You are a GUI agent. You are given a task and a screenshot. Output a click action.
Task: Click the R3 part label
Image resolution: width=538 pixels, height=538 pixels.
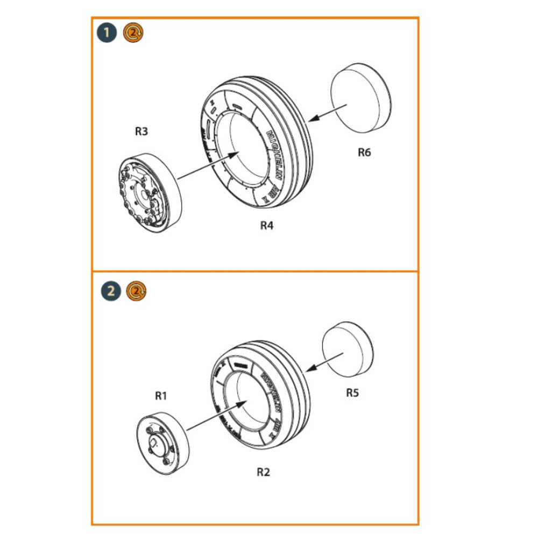pyautogui.click(x=141, y=131)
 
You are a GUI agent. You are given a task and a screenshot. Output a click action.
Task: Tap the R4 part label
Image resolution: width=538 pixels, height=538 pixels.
pyautogui.click(x=267, y=225)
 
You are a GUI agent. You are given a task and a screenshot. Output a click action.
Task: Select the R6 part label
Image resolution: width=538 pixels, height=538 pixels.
pyautogui.click(x=364, y=152)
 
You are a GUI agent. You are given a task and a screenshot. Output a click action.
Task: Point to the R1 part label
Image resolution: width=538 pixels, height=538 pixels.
pyautogui.click(x=161, y=396)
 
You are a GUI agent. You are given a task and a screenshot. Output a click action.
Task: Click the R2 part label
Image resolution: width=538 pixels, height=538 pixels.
pyautogui.click(x=263, y=472)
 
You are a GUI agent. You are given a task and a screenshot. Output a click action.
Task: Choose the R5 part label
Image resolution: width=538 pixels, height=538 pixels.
pyautogui.click(x=352, y=393)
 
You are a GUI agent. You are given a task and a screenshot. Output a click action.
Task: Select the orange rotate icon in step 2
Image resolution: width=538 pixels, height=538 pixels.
pyautogui.click(x=137, y=292)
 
